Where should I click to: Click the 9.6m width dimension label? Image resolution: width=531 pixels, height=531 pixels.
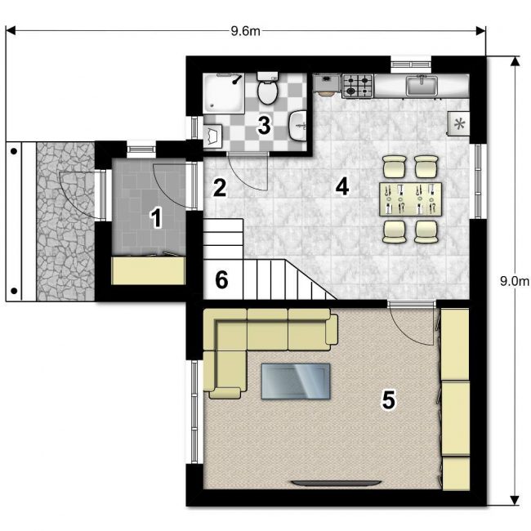click(x=246, y=31)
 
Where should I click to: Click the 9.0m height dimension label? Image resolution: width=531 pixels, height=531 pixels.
click(x=514, y=281)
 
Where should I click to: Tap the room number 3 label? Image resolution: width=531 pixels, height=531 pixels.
click(x=264, y=125)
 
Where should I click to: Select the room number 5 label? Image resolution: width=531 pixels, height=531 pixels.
click(x=388, y=399)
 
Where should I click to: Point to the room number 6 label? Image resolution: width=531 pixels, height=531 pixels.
click(x=222, y=280)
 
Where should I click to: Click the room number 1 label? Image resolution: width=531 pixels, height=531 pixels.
click(x=156, y=218)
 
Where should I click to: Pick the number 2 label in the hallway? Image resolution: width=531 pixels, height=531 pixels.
click(x=220, y=188)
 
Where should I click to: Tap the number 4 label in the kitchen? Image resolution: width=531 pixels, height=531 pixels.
click(x=342, y=186)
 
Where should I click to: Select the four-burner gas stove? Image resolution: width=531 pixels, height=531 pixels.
click(x=358, y=86)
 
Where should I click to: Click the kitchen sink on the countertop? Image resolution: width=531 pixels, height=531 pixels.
click(x=422, y=86)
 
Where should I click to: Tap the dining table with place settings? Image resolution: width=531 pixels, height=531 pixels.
click(x=410, y=199)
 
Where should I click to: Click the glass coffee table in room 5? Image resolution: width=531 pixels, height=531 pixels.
click(x=296, y=381)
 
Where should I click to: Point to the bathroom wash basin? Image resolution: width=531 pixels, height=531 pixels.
click(x=298, y=125)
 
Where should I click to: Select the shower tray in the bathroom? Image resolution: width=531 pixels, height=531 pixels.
click(x=224, y=94)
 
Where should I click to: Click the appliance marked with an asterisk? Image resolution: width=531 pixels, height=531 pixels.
click(x=458, y=124)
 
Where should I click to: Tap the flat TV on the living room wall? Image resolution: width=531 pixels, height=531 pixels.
click(x=337, y=484)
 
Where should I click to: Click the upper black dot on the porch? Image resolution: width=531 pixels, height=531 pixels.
click(x=14, y=151)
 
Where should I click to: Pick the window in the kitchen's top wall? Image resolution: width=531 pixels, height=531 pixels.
click(x=411, y=65)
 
